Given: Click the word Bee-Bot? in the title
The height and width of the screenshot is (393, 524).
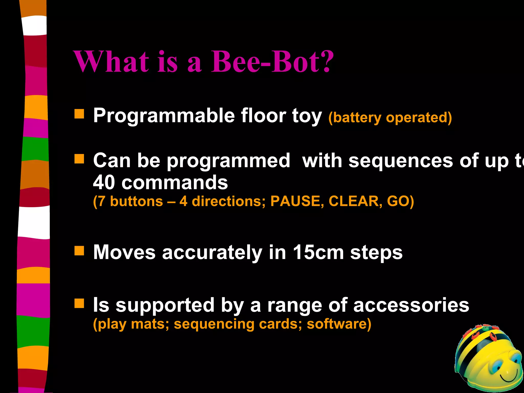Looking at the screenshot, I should tap(272, 62).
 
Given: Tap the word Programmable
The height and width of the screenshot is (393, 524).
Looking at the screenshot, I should tap(164, 116).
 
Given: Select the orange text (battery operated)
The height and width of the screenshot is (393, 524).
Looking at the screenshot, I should tap(390, 118).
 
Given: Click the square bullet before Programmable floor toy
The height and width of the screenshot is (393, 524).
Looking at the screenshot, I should tap(79, 114).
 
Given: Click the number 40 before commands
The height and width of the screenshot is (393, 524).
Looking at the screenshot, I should tap(104, 183).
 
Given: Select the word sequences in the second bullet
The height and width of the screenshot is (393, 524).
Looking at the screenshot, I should tap(401, 161).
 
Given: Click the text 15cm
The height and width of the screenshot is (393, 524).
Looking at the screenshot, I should tap(318, 252).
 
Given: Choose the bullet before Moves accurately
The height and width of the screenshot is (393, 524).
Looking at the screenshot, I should tap(79, 251).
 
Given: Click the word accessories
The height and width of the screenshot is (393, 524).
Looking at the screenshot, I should tap(411, 305).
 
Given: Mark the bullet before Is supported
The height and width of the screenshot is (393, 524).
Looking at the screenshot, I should tap(79, 303).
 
